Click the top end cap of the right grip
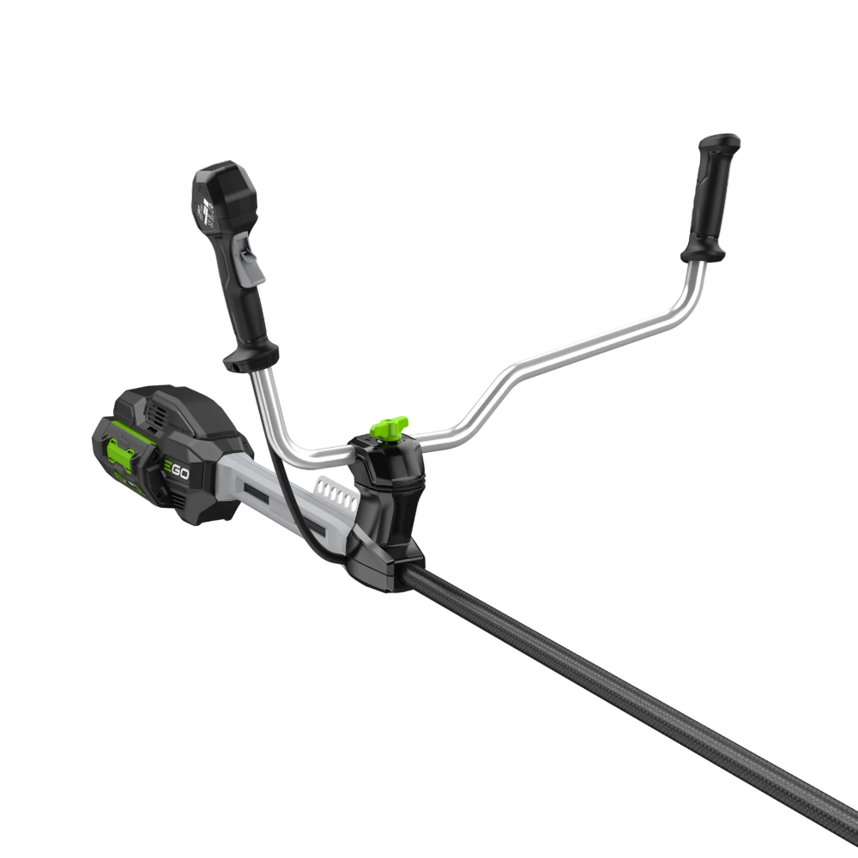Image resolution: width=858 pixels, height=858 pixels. (721, 142)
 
